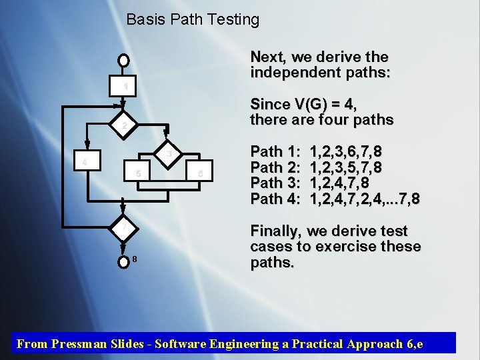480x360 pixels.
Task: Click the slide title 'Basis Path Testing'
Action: tap(193, 20)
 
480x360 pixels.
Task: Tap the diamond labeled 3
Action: tap(169, 154)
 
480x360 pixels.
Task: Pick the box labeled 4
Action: tap(83, 162)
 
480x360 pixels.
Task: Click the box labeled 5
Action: tap(137, 173)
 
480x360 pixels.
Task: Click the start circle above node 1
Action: tap(123, 60)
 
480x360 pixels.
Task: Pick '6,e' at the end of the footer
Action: tap(413, 344)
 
